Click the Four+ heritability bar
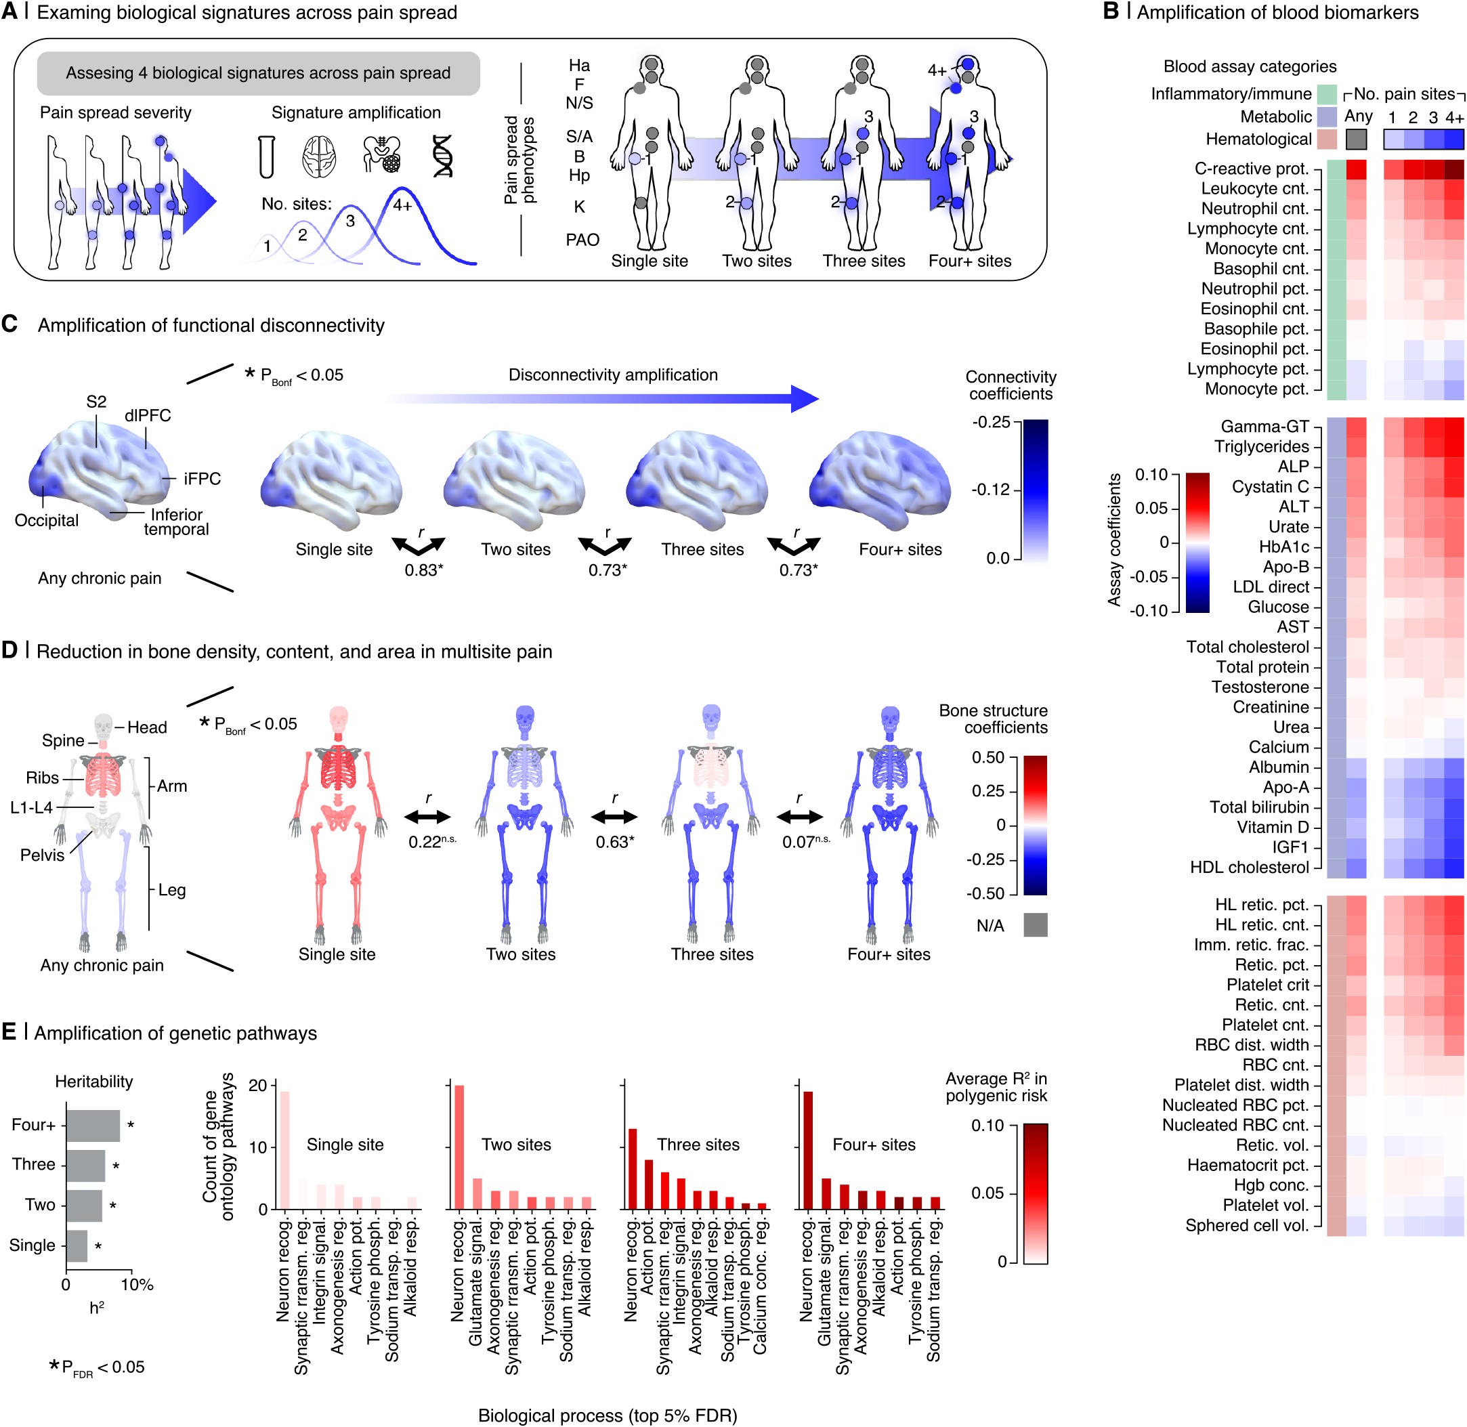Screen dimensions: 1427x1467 tap(93, 1125)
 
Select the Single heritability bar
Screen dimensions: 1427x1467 tap(77, 1245)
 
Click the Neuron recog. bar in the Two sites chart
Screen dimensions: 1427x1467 tap(459, 1147)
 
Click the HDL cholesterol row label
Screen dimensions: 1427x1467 tap(1249, 867)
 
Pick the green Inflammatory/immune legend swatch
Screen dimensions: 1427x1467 tap(1326, 94)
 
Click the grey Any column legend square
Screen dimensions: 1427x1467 tap(1356, 140)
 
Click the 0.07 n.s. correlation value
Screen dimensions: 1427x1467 tap(805, 842)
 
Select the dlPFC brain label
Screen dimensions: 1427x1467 tap(148, 415)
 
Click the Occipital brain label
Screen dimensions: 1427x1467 tap(47, 520)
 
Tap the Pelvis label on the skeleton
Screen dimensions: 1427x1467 tap(42, 855)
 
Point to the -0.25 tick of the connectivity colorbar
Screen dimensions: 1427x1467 tap(992, 422)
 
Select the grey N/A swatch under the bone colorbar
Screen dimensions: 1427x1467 tap(1035, 925)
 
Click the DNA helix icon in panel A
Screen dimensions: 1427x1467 tap(442, 156)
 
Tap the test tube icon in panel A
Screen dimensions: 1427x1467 tap(266, 156)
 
